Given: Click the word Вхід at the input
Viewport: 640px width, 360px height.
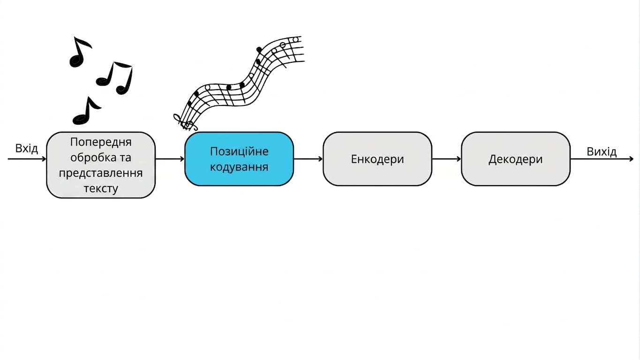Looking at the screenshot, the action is (27, 148).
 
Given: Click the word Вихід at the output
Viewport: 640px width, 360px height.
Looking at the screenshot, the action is (602, 151).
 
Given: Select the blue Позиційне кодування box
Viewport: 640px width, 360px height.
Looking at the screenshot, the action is (239, 159).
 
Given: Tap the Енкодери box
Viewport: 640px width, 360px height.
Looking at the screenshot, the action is (377, 159).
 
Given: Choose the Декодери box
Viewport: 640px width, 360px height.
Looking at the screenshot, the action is (516, 159).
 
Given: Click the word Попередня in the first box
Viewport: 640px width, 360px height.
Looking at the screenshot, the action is (101, 142).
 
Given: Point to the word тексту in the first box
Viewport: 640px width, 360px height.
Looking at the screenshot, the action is (101, 188).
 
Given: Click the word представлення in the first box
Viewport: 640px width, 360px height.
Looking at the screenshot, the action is (101, 173).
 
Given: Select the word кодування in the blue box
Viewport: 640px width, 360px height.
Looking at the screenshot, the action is (239, 167).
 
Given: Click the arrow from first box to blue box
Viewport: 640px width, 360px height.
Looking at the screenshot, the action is (170, 159).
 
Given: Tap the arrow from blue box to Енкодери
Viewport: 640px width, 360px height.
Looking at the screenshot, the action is (309, 159).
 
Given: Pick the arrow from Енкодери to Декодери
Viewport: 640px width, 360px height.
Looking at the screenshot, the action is (446, 159).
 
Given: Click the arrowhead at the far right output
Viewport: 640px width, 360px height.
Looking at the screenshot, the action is (631, 159).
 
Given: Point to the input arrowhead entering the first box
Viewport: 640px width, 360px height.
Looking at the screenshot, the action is (44, 159).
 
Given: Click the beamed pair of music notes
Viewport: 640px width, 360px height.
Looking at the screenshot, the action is (114, 78).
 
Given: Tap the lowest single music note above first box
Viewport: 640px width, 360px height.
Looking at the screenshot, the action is (86, 112).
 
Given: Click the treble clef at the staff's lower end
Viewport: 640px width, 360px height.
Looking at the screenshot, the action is (184, 122).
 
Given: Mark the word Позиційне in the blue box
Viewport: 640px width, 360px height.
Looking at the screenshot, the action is (239, 151).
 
